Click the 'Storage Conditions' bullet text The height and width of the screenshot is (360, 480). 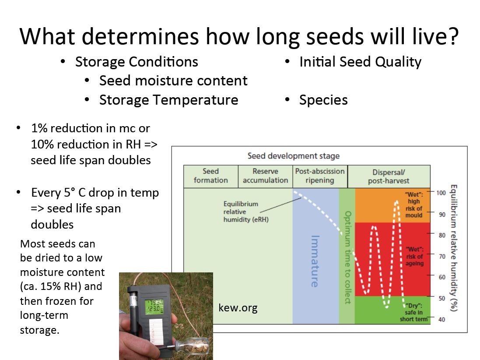[137, 62]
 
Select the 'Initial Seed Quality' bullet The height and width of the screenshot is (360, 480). [360, 62]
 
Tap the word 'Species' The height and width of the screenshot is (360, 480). [323, 100]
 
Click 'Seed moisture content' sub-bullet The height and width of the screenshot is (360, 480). [173, 81]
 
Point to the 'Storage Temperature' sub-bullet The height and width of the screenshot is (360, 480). [168, 100]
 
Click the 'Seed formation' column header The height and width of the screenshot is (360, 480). [211, 176]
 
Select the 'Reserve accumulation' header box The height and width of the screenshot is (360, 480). [266, 176]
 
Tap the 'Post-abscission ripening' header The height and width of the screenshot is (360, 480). [320, 176]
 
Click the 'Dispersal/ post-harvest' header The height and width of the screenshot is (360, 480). [389, 176]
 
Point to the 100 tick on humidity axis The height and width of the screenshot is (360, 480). [441, 193]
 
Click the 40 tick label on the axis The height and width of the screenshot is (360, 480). [442, 320]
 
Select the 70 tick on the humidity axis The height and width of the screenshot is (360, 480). [442, 256]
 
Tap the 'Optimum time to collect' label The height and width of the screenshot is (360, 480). [348, 258]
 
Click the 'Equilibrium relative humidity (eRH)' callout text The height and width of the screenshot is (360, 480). [246, 212]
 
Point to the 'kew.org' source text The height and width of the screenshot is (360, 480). [238, 307]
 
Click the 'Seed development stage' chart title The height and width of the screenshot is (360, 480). [294, 156]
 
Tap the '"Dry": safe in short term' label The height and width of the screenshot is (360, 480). [414, 313]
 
